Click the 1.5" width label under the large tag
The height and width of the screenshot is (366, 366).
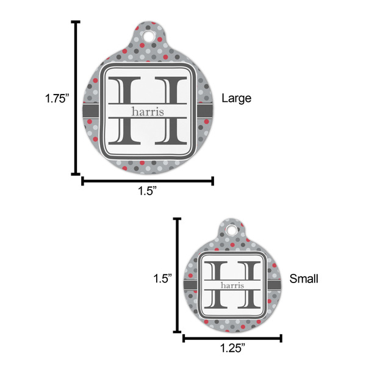[x=148, y=192]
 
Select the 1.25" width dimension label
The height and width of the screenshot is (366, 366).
[x=232, y=348]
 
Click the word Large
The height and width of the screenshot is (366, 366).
[x=235, y=98]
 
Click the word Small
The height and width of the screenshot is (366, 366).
[x=304, y=279]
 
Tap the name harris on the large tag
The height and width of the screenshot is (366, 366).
[x=148, y=111]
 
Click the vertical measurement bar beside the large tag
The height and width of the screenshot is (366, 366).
[x=76, y=98]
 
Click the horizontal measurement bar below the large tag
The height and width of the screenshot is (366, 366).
[x=148, y=180]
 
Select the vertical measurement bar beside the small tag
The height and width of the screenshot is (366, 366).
[x=178, y=275]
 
